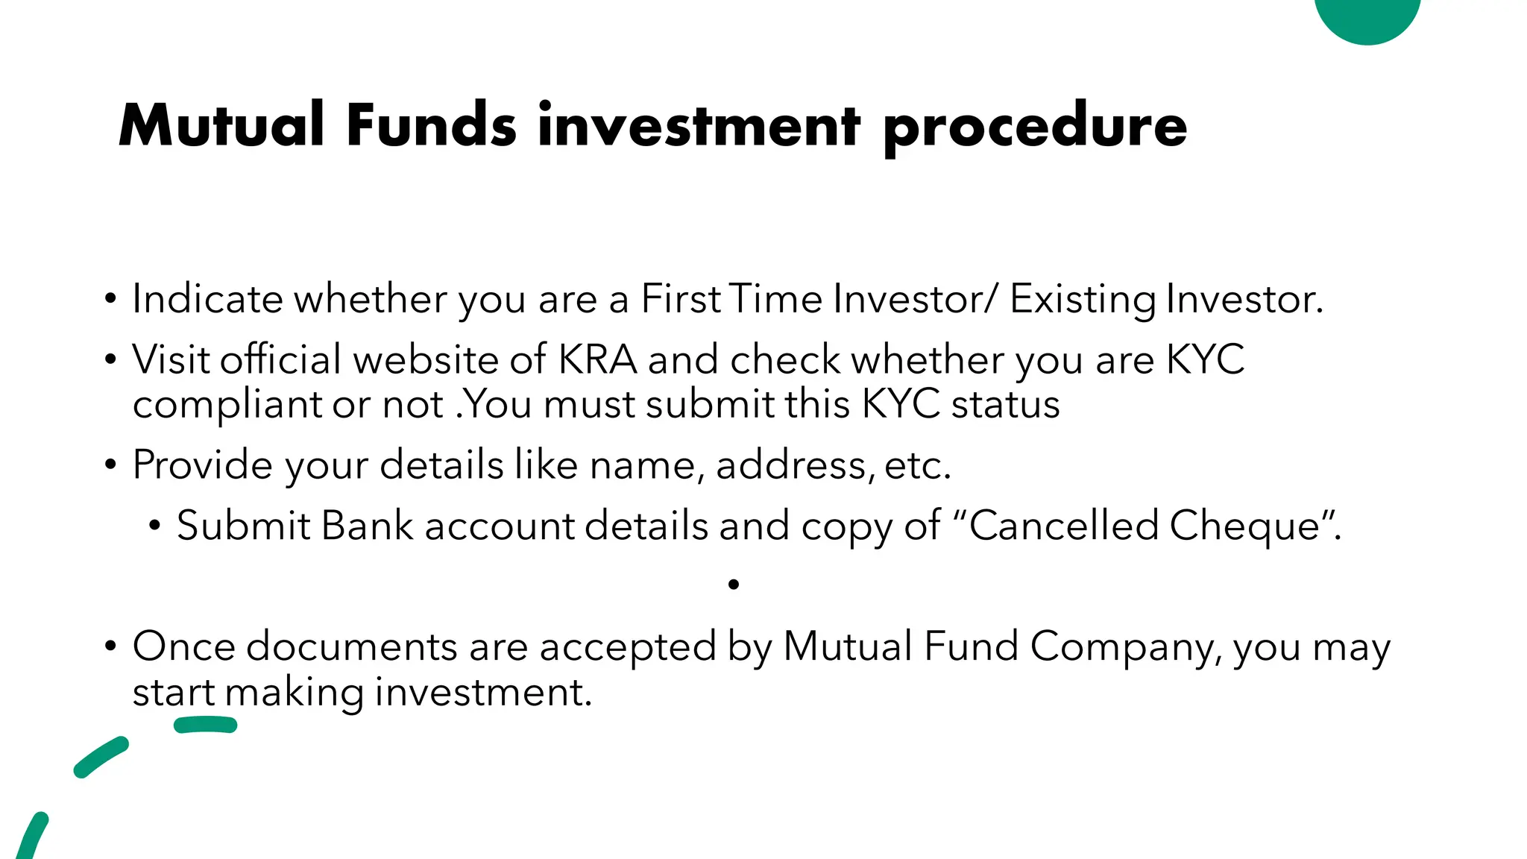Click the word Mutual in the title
(x=221, y=125)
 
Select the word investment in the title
(x=699, y=125)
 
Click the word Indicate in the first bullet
(x=207, y=299)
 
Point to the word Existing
(x=1082, y=300)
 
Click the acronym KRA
(x=597, y=359)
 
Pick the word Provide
(x=202, y=465)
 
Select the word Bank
(x=367, y=526)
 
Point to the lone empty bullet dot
(x=734, y=585)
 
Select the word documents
(x=351, y=646)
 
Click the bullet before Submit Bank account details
(x=154, y=526)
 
